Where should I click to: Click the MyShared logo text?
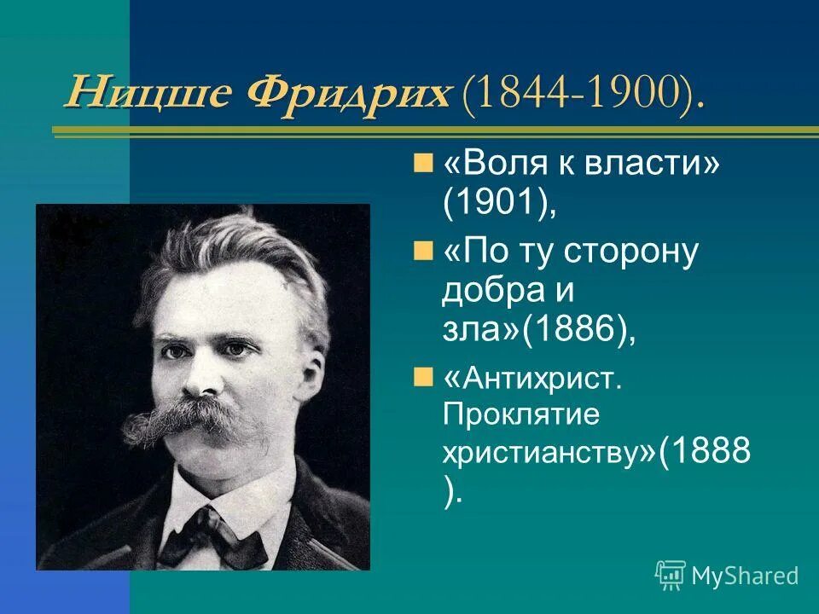pos(745,576)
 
